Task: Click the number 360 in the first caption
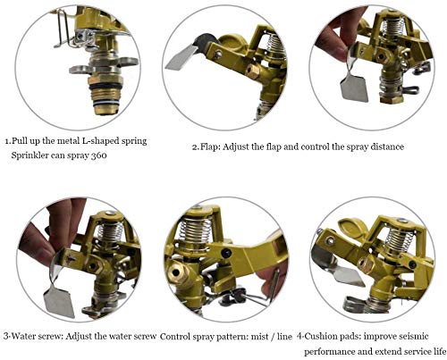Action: [x=98, y=155]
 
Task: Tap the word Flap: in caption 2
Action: [x=210, y=147]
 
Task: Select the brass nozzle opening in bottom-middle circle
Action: [x=176, y=272]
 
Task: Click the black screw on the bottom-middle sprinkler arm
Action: [x=226, y=253]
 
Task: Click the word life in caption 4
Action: [x=439, y=351]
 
